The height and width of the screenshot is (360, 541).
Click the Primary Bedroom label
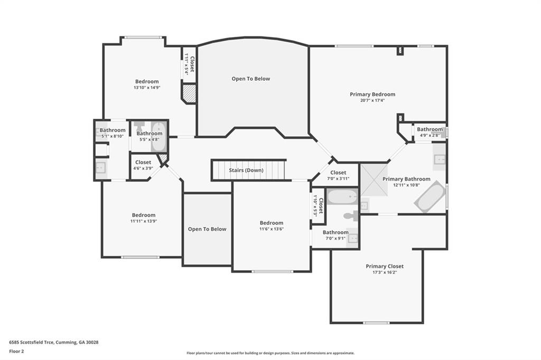pos(372,94)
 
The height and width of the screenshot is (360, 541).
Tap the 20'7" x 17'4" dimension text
pos(372,100)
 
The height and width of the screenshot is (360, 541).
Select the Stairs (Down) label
pos(246,170)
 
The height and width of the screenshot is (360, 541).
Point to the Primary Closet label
pos(385,266)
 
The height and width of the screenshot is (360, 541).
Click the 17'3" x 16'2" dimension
pos(385,272)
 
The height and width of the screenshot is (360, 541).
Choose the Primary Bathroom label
pos(406,179)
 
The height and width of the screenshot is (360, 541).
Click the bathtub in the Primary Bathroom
pos(430,196)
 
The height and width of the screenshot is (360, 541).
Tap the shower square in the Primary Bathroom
pos(374,179)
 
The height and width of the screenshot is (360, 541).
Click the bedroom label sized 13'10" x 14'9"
pos(147,81)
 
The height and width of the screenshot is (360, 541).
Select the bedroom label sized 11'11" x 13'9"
pos(144,215)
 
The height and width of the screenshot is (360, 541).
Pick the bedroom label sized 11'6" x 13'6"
pos(272,223)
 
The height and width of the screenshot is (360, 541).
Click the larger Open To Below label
pos(251,79)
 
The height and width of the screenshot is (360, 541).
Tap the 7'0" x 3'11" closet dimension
pos(338,178)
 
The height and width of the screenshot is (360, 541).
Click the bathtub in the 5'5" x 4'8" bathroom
pos(158,137)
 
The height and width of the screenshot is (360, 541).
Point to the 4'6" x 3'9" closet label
pos(143,162)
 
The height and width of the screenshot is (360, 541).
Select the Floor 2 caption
pos(16,352)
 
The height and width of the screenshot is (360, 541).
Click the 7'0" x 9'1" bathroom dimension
pos(335,238)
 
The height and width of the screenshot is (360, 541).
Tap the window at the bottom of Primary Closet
pos(376,323)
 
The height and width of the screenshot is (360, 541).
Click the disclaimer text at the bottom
pos(270,353)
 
